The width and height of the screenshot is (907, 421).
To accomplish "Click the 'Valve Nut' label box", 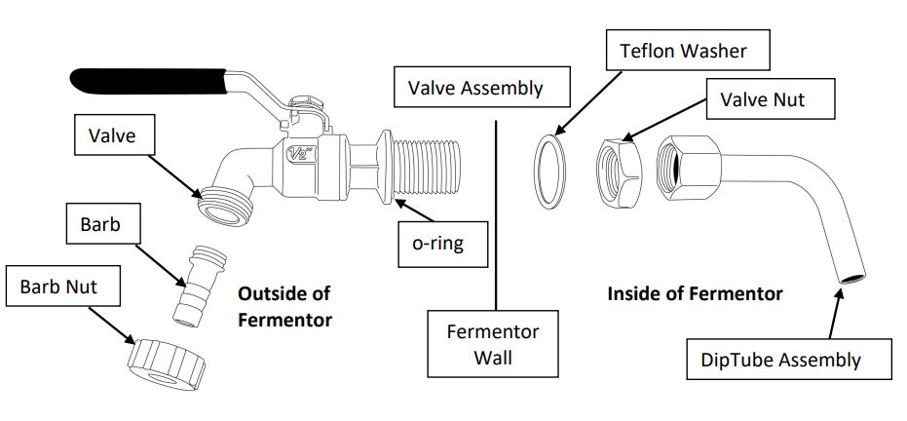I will click(x=762, y=99).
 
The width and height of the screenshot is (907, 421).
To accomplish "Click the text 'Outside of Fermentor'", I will click(x=284, y=306).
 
